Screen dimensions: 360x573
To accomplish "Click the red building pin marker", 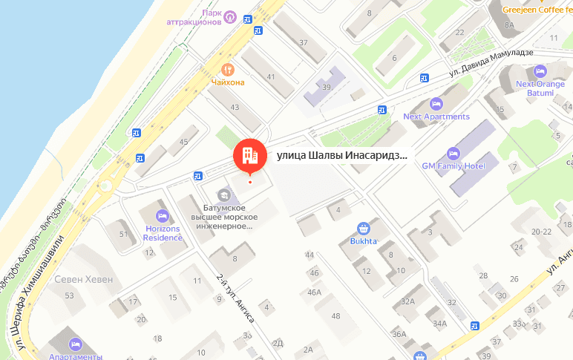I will click(249, 154).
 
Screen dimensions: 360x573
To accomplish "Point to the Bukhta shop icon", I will click(364, 229).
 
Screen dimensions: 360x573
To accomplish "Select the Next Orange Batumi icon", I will click(540, 71).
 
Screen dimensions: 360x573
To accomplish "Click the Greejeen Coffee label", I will click(534, 10).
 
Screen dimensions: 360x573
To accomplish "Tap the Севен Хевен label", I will click(84, 280).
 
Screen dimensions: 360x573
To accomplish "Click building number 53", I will click(70, 296).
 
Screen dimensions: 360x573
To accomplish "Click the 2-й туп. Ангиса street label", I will click(235, 297).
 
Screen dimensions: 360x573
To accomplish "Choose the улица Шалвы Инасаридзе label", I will click(342, 156).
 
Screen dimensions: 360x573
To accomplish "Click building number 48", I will click(336, 317).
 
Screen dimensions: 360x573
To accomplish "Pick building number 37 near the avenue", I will click(303, 42).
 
